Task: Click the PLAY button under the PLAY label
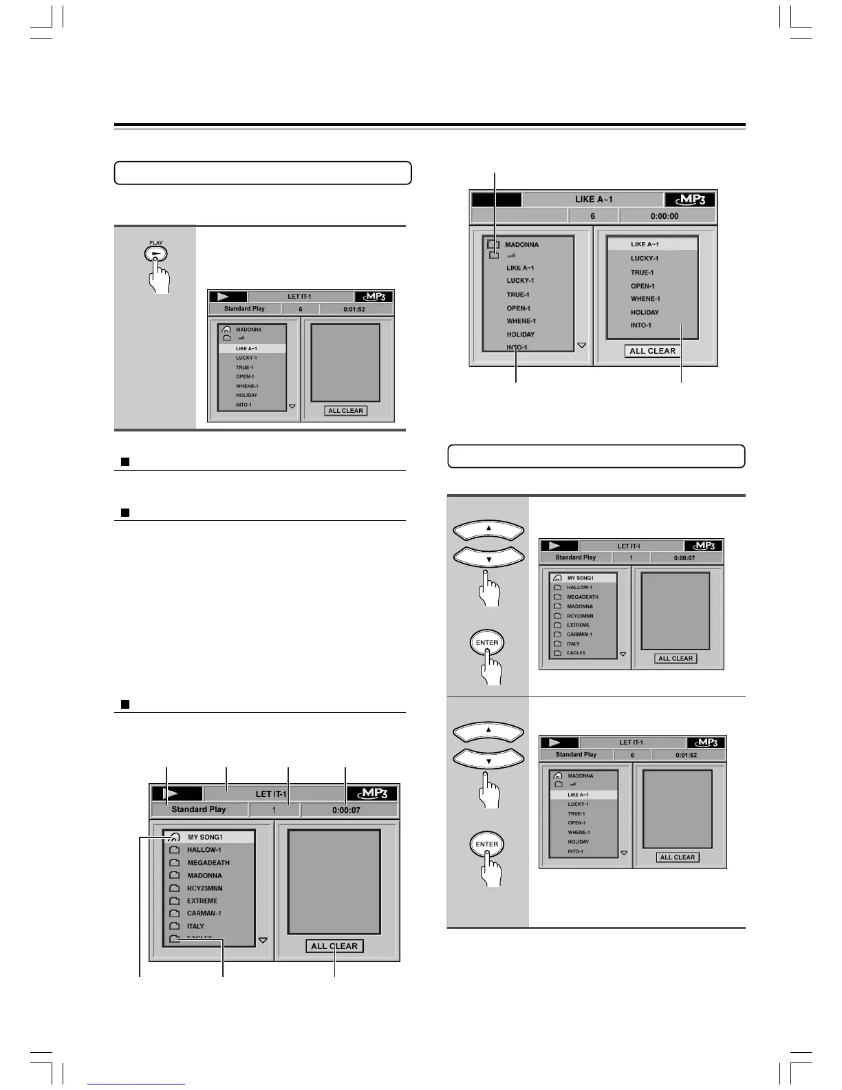(x=156, y=254)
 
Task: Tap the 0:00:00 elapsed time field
(x=664, y=216)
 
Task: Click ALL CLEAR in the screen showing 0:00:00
(x=652, y=351)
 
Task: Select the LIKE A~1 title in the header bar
(x=593, y=200)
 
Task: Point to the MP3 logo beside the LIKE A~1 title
(x=690, y=200)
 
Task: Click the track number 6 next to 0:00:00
(x=592, y=216)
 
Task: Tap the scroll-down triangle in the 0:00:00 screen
(x=582, y=345)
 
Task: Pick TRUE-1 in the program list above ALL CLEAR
(x=642, y=272)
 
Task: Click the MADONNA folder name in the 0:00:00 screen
(x=521, y=245)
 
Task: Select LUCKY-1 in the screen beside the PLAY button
(x=246, y=358)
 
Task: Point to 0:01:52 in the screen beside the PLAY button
(x=354, y=309)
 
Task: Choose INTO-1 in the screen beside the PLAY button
(x=244, y=405)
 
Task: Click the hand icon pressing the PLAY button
(x=160, y=277)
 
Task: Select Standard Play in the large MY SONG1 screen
(x=198, y=810)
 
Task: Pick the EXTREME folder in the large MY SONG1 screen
(x=202, y=901)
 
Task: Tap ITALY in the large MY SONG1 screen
(x=195, y=926)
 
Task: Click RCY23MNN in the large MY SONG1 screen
(x=204, y=888)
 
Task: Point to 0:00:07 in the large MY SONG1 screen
(x=346, y=810)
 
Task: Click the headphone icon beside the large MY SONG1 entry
(x=174, y=837)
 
